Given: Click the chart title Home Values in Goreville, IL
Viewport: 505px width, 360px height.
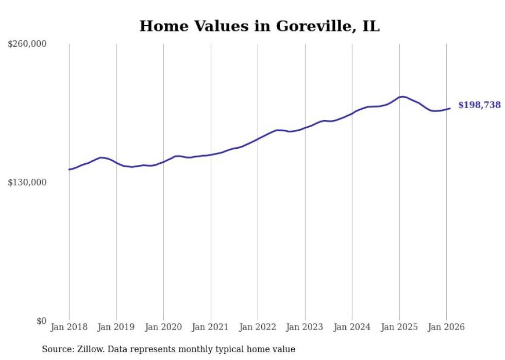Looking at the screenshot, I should (259, 26).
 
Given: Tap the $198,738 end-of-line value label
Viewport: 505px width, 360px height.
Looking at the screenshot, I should (479, 105).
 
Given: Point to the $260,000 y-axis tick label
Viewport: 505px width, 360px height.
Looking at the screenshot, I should (27, 44).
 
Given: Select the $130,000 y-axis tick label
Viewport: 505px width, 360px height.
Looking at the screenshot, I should (27, 182).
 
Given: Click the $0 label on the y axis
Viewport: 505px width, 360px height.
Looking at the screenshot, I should (41, 321).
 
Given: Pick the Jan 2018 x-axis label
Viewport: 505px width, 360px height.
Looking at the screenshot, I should (69, 327).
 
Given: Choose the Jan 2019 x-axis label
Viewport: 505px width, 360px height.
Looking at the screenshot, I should (116, 327).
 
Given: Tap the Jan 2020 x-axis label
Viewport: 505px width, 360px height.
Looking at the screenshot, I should (163, 327).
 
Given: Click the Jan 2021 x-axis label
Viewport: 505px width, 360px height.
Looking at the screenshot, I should (211, 327).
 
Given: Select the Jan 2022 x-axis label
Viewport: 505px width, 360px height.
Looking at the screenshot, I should (258, 327).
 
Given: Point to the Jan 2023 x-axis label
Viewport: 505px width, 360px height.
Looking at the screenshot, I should (305, 327).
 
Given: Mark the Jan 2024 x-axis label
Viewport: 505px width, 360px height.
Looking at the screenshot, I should (352, 327).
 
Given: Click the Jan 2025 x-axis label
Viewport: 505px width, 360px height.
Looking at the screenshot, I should (399, 327).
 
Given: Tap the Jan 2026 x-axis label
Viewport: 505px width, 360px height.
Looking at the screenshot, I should (446, 327).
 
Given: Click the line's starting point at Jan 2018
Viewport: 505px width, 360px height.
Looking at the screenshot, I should (69, 169).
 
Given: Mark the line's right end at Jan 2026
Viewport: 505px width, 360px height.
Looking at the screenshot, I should (450, 108).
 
